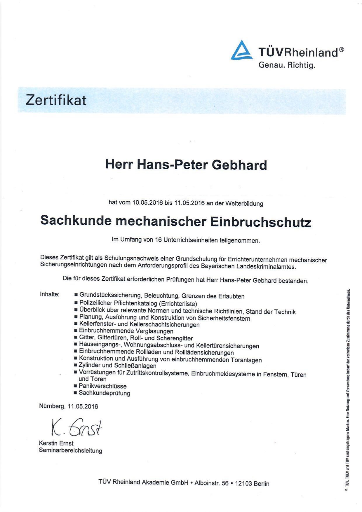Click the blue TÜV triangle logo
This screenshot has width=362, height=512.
242,51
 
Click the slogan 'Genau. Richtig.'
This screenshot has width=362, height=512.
287,65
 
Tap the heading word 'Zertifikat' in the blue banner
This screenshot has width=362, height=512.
56,100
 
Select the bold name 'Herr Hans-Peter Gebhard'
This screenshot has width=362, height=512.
186,165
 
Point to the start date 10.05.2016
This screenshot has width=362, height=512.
147,203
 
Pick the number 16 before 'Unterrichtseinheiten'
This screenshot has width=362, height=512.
158,240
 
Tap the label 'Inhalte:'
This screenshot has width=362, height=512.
50,294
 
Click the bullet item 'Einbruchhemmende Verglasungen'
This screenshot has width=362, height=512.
126,331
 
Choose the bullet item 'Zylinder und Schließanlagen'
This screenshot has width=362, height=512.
117,366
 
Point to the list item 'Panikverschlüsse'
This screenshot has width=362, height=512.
102,386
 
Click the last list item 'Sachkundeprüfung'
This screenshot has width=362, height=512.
104,393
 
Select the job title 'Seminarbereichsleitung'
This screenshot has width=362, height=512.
70,450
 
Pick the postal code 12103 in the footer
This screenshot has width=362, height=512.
243,483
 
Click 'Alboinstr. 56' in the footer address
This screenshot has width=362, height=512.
212,483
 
